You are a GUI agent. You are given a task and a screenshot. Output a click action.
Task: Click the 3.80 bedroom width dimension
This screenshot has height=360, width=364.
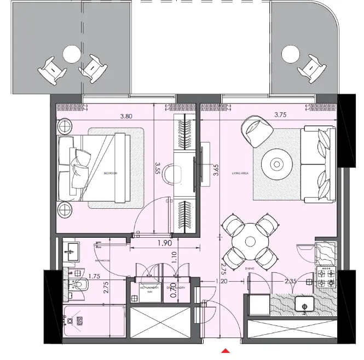point(126,116)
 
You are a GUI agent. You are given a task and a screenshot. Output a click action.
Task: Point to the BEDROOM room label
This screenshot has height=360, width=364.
point(111,173)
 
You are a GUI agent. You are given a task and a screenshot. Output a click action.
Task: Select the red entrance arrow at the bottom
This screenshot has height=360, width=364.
point(225,351)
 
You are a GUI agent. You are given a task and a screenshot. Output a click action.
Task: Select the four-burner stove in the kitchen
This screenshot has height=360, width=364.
point(326,277)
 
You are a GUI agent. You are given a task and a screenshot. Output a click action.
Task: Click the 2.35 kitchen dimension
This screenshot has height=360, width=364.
point(291,282)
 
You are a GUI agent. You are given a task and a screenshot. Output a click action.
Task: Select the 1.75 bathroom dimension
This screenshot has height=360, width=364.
point(95,277)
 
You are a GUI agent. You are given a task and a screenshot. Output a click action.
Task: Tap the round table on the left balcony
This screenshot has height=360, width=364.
point(72,54)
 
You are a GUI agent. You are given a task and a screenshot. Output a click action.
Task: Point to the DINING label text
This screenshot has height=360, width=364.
point(250,267)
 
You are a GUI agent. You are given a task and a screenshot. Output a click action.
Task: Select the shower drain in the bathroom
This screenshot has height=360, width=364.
point(78,321)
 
